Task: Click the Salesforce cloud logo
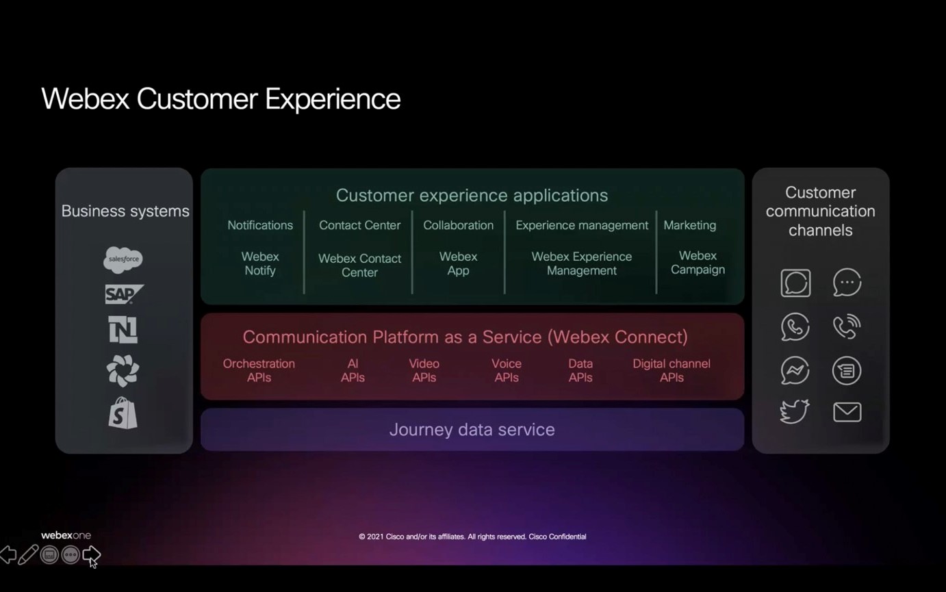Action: tap(123, 259)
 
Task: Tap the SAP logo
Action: tap(123, 294)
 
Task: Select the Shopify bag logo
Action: tap(123, 413)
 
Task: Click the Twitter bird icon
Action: tap(795, 411)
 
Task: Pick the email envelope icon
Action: tap(847, 412)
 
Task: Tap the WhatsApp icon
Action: tap(795, 327)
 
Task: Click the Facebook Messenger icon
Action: tap(795, 371)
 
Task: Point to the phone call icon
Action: tap(847, 327)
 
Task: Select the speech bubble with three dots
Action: tap(847, 283)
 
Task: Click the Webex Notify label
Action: tap(260, 263)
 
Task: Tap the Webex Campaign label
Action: tap(698, 263)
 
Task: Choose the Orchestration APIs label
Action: tap(259, 370)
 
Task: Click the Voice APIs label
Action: tap(507, 370)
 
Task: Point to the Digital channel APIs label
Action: tap(672, 370)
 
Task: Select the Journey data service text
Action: tap(472, 430)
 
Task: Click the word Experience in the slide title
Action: tap(333, 99)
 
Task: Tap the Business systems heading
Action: tap(125, 211)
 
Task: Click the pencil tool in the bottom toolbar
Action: tap(28, 554)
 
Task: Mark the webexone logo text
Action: tap(66, 535)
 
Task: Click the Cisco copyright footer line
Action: tap(472, 537)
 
